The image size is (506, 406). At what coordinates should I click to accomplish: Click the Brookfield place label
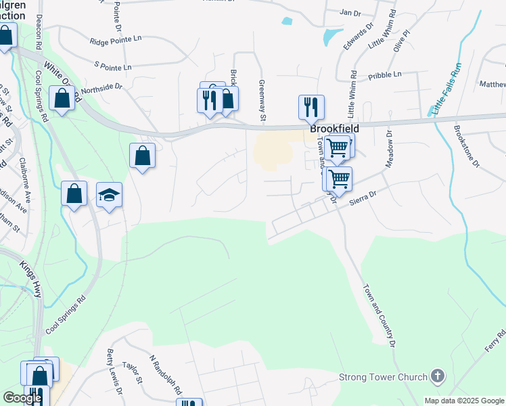coord(334,128)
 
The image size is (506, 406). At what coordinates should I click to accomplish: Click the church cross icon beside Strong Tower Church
coord(438,376)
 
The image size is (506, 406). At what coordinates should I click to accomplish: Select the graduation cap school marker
coord(109,196)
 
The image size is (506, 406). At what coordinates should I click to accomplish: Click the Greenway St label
coord(262,101)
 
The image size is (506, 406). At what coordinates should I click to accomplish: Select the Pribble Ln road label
coord(385,74)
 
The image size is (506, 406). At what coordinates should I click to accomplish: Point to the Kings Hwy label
coord(32,278)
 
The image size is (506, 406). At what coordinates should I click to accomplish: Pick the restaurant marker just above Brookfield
coord(311,107)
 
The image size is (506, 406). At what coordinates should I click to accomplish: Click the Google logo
coord(22,398)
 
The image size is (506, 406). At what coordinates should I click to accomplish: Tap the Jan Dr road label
coord(349,12)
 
